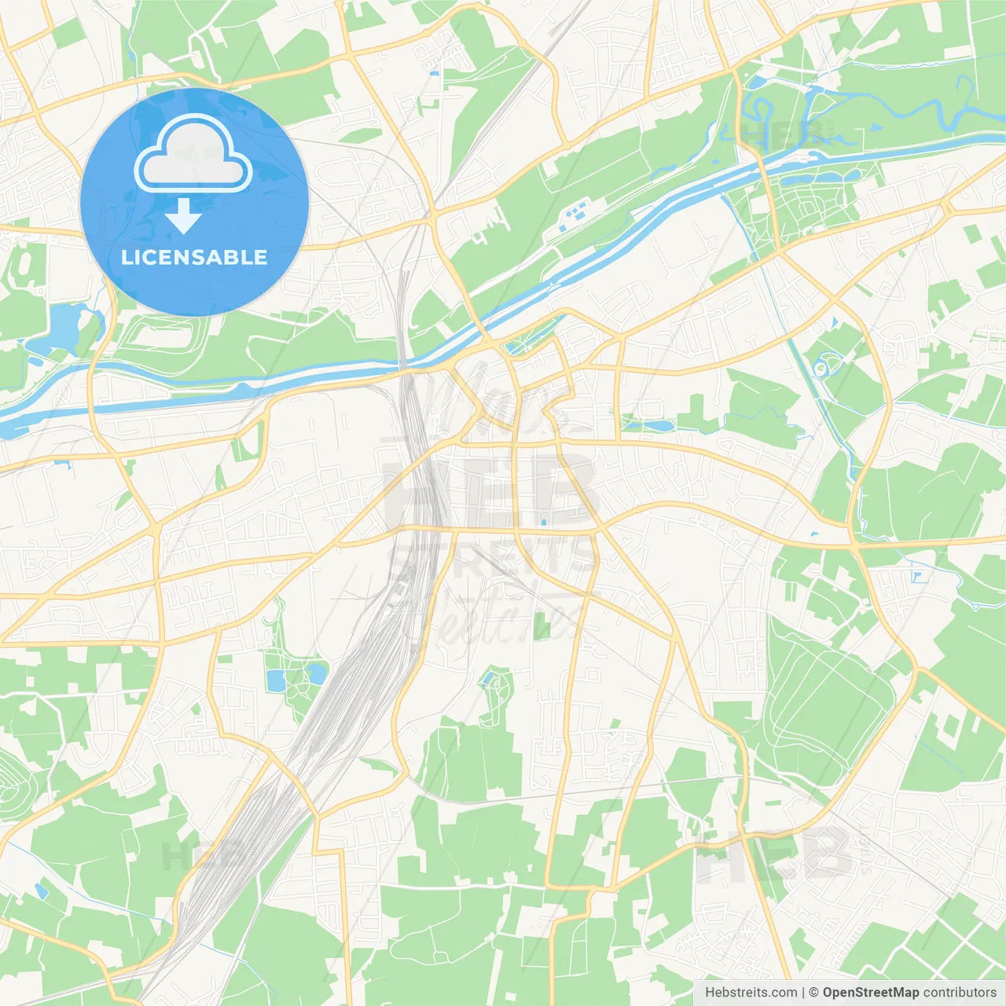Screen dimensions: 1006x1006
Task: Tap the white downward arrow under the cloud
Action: click(x=183, y=217)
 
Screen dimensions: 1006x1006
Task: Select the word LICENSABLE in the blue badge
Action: click(x=194, y=257)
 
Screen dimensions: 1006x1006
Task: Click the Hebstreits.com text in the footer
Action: click(x=751, y=993)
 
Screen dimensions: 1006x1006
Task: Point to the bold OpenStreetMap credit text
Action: click(x=871, y=993)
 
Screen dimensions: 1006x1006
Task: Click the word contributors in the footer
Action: click(x=960, y=993)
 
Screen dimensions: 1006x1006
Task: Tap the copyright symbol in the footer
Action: click(x=814, y=993)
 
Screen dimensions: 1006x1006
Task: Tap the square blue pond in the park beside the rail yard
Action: click(x=276, y=681)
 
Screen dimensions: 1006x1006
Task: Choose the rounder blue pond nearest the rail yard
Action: click(x=316, y=673)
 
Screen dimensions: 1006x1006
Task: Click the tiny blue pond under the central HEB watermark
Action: click(x=543, y=522)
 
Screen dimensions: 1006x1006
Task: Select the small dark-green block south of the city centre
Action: click(x=542, y=626)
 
